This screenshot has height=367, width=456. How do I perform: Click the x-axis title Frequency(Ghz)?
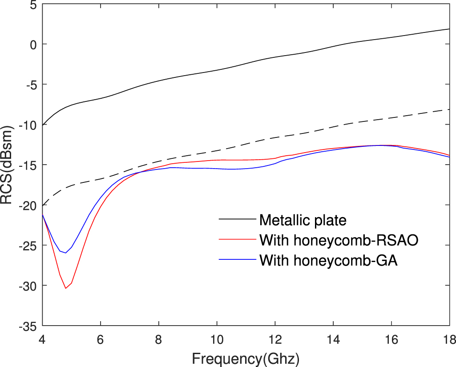pos(246,358)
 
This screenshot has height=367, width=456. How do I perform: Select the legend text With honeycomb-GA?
pos(328,261)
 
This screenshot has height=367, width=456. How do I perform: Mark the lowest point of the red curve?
pos(66,288)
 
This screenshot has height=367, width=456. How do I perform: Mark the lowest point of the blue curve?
pos(66,253)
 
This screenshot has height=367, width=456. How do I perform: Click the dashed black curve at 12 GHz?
pos(275,138)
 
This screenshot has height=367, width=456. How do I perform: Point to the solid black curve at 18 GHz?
pos(449,29)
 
